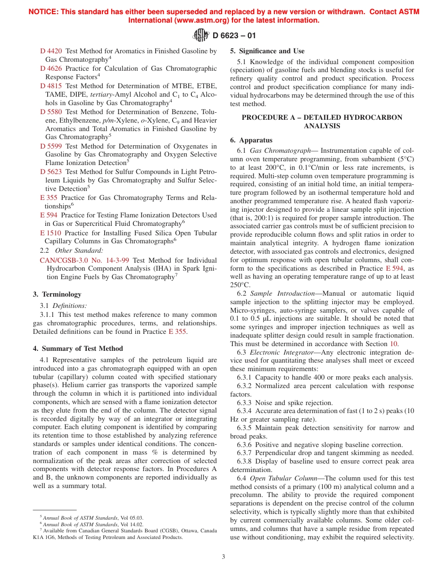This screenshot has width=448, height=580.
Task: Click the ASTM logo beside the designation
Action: (x=201, y=35)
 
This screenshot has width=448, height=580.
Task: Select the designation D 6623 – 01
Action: (x=234, y=35)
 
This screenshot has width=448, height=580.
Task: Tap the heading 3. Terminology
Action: (x=57, y=294)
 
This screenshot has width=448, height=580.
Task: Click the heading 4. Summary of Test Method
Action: (x=78, y=348)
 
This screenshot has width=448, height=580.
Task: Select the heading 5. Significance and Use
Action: (x=267, y=51)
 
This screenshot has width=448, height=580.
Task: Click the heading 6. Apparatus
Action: (x=251, y=140)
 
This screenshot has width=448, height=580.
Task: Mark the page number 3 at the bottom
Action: (x=224, y=556)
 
